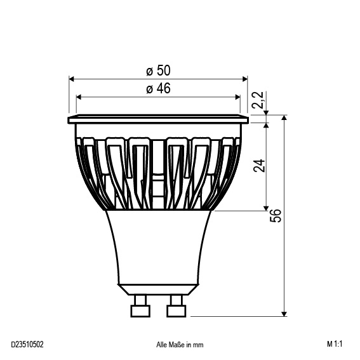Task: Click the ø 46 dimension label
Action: coord(157,88)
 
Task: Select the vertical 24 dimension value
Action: coord(258,166)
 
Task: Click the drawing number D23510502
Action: coord(27,345)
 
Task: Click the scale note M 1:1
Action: coord(335,345)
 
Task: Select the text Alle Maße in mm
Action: coord(180,345)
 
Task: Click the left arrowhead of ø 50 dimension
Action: coord(72,79)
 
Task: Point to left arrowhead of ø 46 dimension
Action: coord(79,97)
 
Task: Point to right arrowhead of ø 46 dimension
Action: coord(237,97)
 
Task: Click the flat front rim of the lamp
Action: coord(157,119)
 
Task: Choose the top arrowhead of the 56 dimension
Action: coord(285,119)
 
